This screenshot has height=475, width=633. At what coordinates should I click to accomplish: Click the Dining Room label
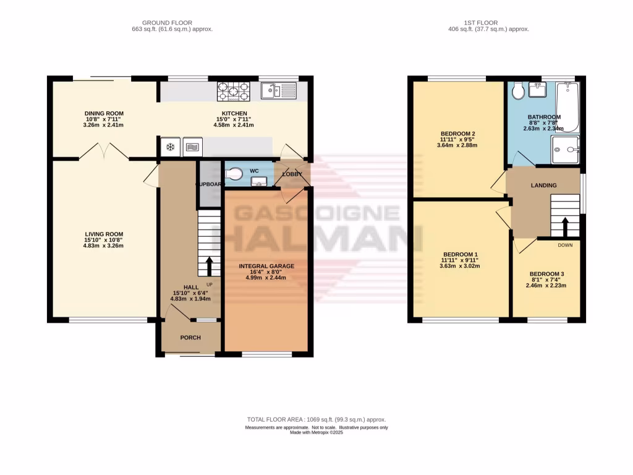(104, 113)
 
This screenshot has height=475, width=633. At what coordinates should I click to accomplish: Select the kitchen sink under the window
(279, 92)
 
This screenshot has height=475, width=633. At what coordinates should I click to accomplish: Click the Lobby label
(292, 174)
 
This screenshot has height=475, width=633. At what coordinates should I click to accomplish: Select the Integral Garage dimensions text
(267, 276)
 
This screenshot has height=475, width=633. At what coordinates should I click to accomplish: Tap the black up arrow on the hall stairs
(209, 267)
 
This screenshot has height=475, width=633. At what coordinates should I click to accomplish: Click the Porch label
(190, 338)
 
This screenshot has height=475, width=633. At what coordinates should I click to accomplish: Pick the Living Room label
(104, 234)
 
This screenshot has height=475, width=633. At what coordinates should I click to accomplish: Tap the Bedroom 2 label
(457, 134)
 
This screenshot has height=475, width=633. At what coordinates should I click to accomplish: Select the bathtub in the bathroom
(567, 108)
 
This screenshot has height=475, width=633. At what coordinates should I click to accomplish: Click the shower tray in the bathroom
(566, 149)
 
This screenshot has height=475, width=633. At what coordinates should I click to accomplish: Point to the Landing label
(544, 185)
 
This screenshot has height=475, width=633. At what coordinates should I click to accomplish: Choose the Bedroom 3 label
(546, 274)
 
